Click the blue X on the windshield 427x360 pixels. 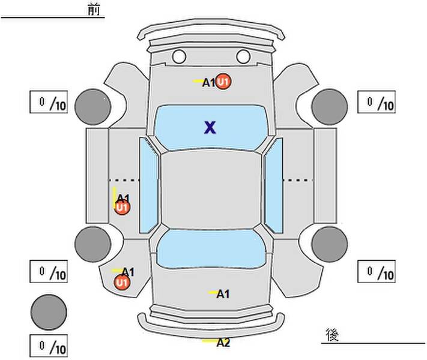coord(210,127)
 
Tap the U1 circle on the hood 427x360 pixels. coord(224,82)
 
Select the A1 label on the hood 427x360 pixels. coord(208,83)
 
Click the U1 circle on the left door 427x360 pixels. coord(122,208)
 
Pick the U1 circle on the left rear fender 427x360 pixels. coord(122,282)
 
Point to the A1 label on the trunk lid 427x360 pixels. coord(223,294)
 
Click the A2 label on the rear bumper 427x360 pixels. coord(223,343)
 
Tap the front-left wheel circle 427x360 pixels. coord(93,106)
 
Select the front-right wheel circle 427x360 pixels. coord(329,106)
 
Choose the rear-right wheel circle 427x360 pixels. coord(329,244)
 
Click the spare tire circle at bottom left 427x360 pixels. coord(49,311)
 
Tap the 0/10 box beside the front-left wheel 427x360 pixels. coord(49,103)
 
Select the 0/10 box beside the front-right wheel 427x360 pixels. coord(377,103)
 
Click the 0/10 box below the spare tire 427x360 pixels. coord(49,346)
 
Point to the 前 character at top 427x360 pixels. coord(94,10)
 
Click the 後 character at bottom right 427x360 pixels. coord(332,334)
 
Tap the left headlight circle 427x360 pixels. coord(179,57)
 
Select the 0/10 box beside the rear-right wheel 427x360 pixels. coord(377,271)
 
